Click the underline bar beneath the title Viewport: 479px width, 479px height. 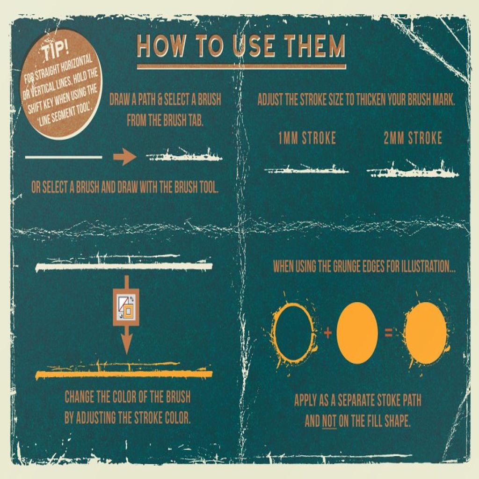[x=241, y=66]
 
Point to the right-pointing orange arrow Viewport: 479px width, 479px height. [x=124, y=157]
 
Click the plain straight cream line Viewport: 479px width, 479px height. [x=64, y=157]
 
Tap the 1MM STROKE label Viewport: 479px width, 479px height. [x=307, y=138]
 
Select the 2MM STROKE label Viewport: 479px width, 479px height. [x=413, y=138]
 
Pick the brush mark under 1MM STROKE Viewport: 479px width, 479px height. [x=306, y=169]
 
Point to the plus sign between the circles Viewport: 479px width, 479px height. [x=327, y=333]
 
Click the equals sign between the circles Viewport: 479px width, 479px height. [x=388, y=333]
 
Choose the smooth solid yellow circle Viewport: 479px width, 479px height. [x=357, y=333]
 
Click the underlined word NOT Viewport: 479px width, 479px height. [x=329, y=421]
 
